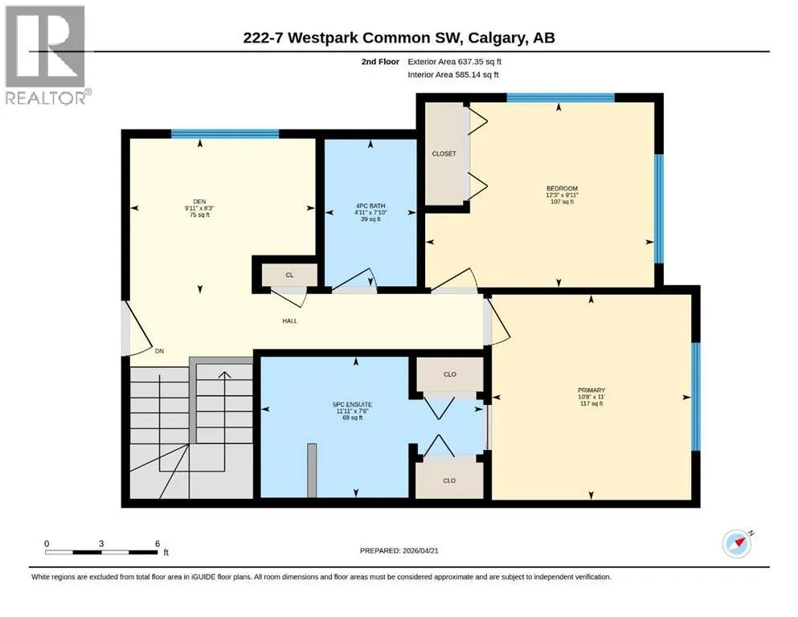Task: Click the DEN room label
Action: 199,202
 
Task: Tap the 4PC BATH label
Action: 370,206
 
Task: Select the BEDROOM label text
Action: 563,188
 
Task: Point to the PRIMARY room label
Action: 591,390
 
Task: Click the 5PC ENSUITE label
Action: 352,404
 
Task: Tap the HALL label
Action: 290,321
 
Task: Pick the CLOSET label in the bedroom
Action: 444,153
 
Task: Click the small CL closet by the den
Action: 289,276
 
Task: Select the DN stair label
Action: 159,351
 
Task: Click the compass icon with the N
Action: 737,544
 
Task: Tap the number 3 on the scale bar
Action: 101,544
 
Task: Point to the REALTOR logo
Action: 47,55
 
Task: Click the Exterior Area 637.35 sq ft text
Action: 455,62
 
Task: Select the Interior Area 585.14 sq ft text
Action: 453,75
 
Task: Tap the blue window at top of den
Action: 225,134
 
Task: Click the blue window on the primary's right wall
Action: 696,396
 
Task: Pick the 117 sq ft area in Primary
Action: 591,403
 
